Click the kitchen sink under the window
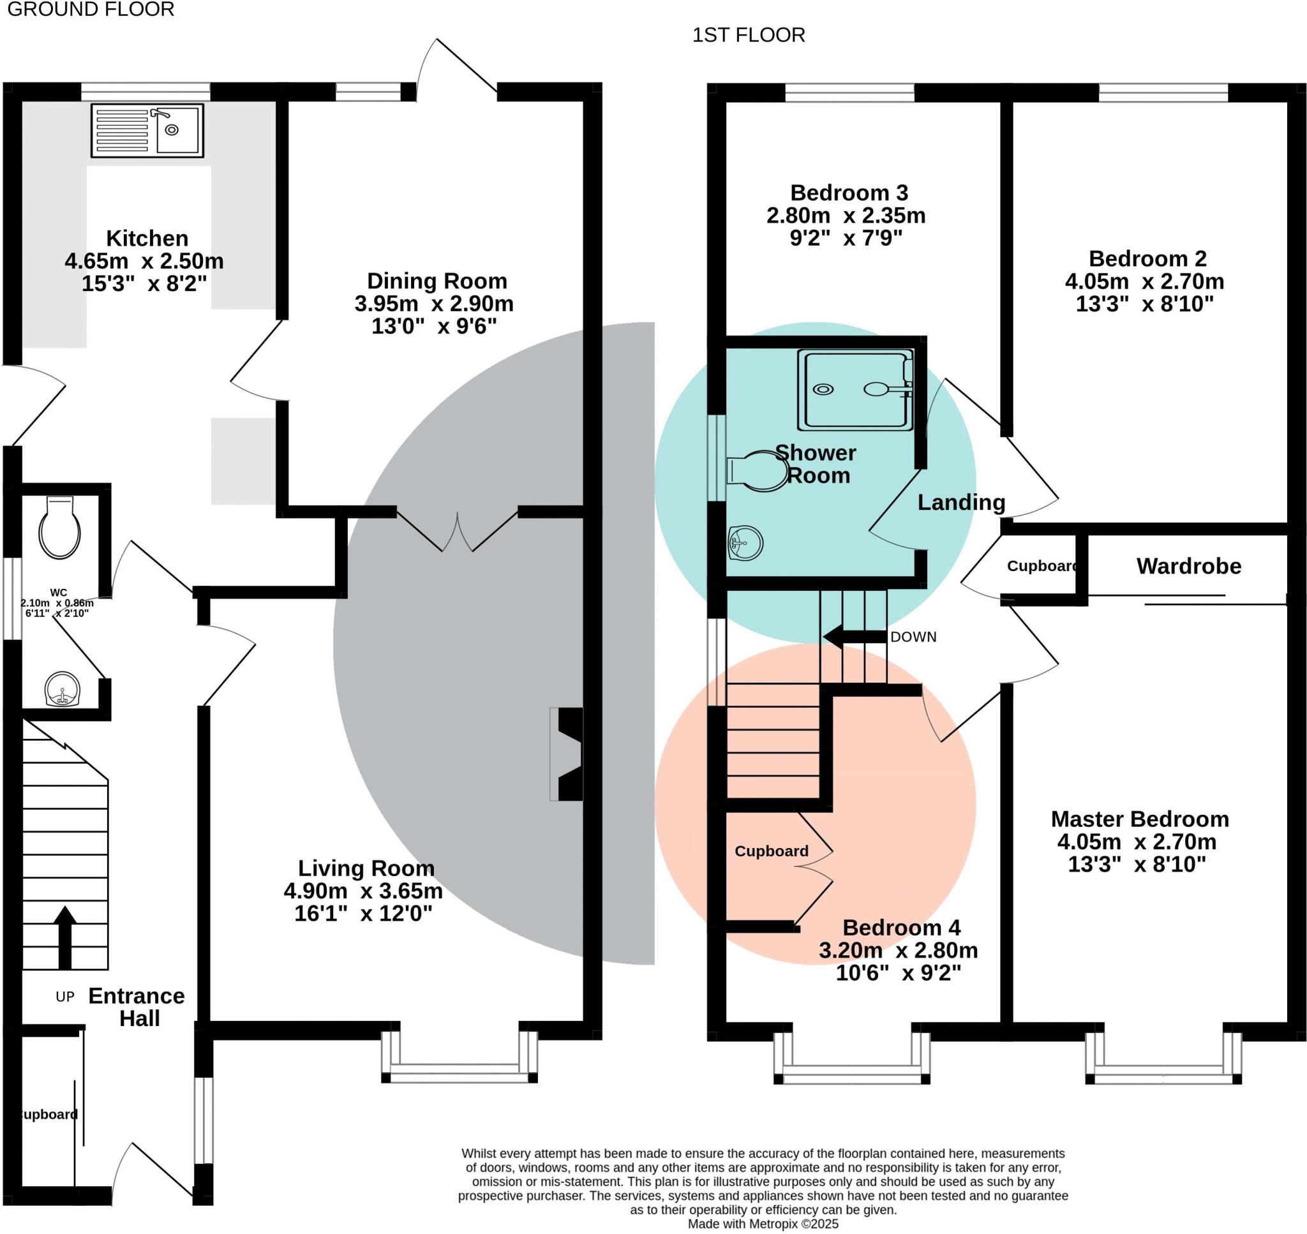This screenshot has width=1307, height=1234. click(147, 130)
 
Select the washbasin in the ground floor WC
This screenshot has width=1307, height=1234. click(63, 689)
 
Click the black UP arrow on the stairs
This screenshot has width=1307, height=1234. click(64, 937)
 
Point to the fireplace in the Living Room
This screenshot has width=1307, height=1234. click(567, 754)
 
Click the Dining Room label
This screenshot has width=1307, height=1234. click(437, 281)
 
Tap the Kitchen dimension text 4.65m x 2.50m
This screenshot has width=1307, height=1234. click(144, 261)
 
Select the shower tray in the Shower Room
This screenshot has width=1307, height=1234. click(855, 389)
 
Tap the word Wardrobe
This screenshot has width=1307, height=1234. click(1188, 567)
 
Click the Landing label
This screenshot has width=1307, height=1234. click(961, 503)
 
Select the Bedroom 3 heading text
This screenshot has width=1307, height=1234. click(849, 193)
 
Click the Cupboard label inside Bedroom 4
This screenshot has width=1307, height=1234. click(771, 851)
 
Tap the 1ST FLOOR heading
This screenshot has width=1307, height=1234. click(748, 35)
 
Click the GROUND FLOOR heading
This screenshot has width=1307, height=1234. click(91, 9)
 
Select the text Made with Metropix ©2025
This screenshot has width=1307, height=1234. click(763, 1224)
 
